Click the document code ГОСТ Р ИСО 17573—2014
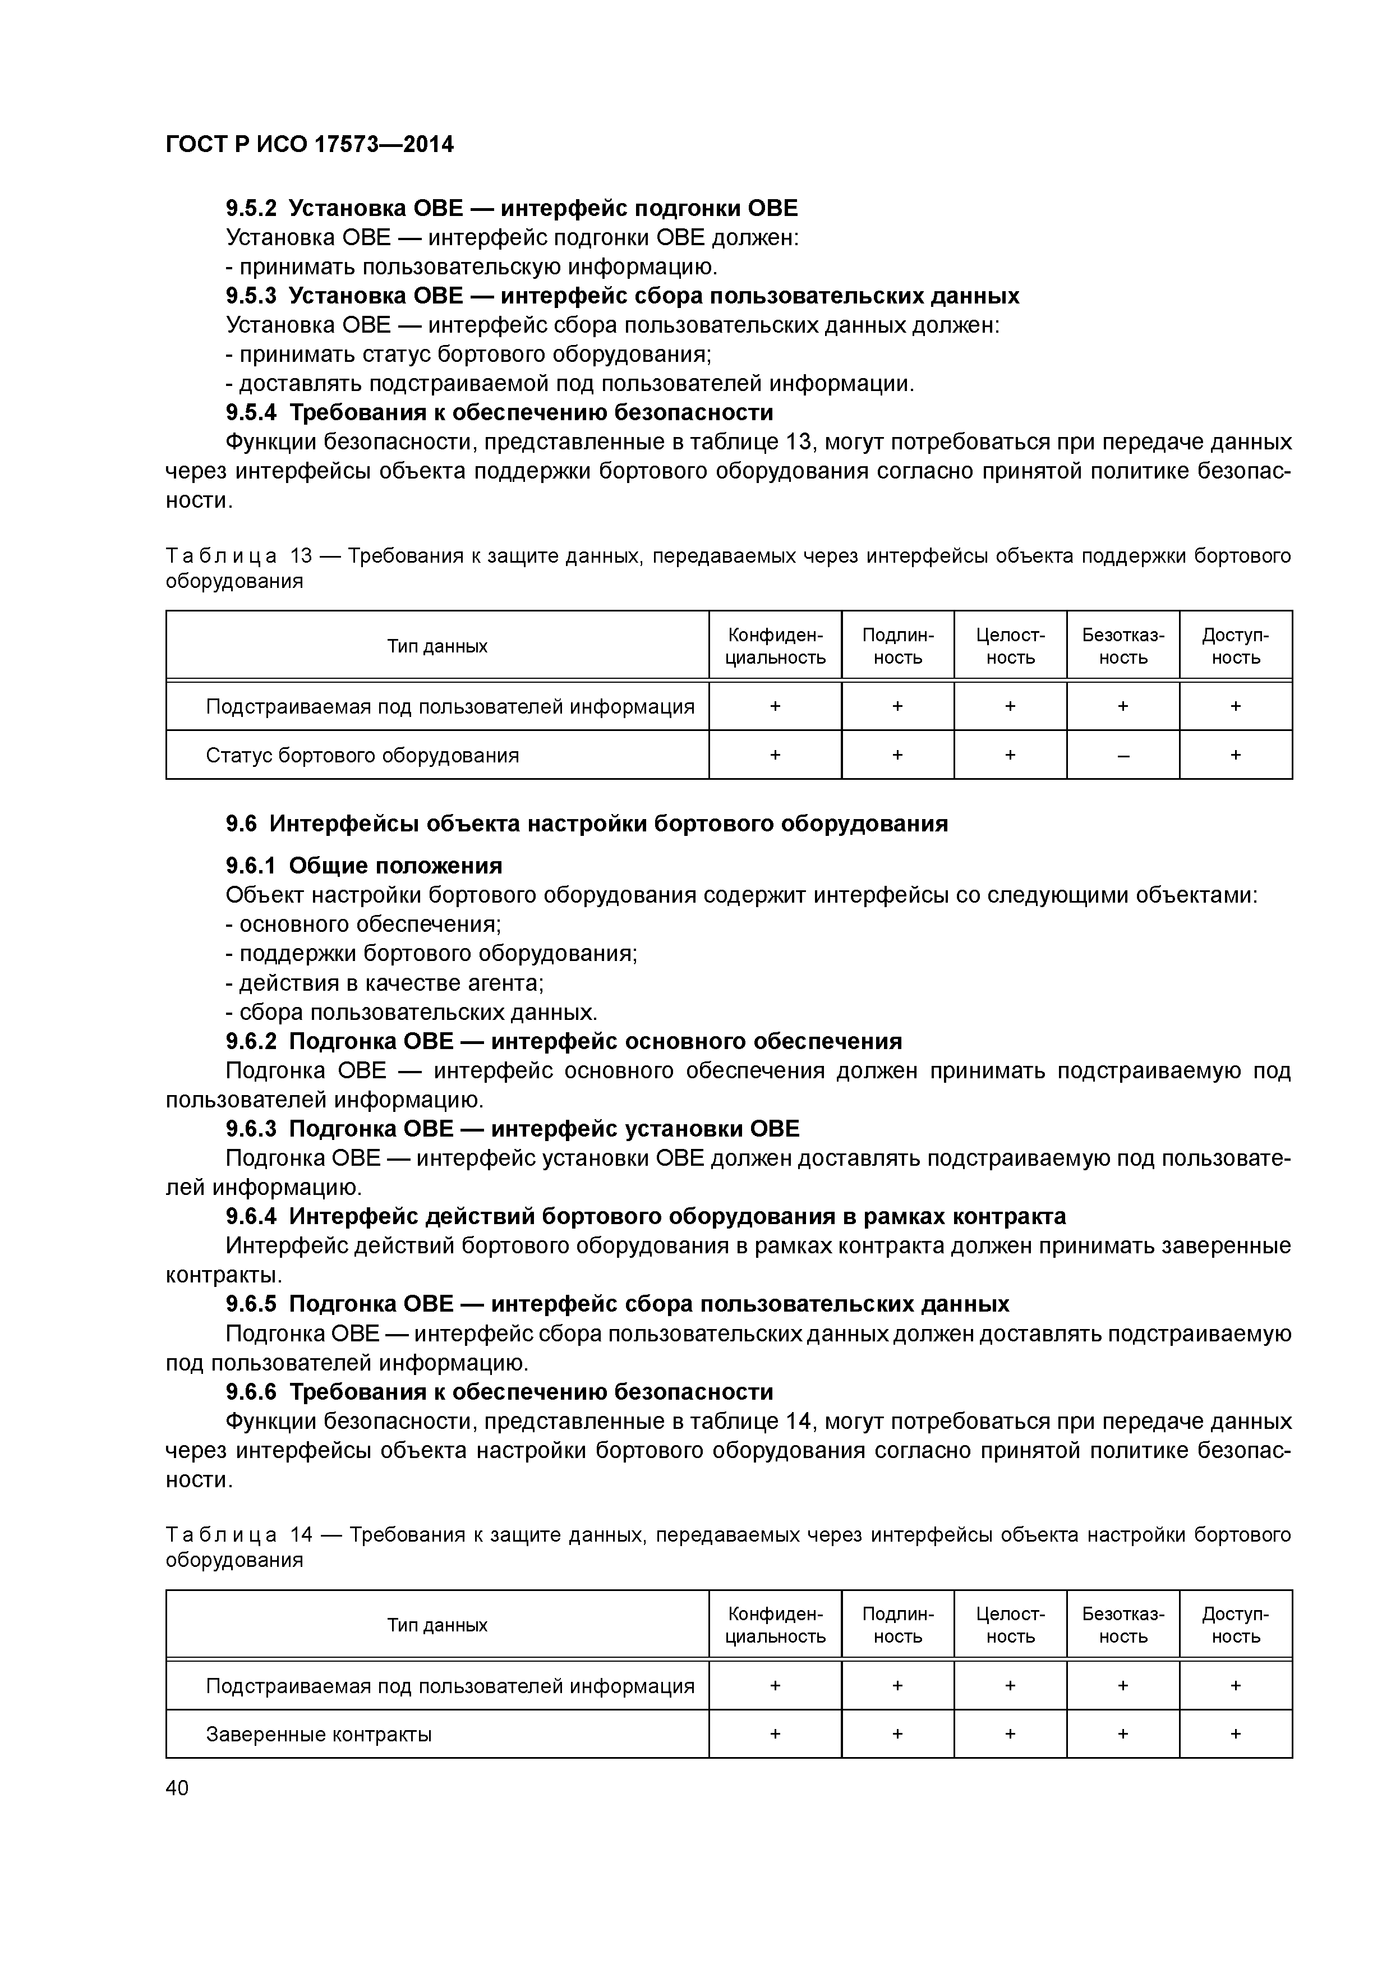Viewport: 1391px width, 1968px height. (310, 145)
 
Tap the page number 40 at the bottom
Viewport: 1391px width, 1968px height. (177, 1787)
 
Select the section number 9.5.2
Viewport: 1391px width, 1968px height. (251, 208)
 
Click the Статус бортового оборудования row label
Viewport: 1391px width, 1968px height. (362, 755)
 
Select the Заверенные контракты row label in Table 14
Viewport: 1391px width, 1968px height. (318, 1734)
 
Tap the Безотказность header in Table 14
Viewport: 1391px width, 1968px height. (1123, 1625)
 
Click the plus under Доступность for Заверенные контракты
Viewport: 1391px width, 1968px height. (1235, 1734)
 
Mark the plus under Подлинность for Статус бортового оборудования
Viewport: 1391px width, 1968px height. (897, 755)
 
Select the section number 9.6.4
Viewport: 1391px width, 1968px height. (251, 1216)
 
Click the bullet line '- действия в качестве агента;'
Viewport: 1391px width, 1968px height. (385, 982)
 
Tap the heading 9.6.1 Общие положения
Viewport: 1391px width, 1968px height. (364, 866)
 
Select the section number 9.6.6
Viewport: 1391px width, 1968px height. (251, 1391)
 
